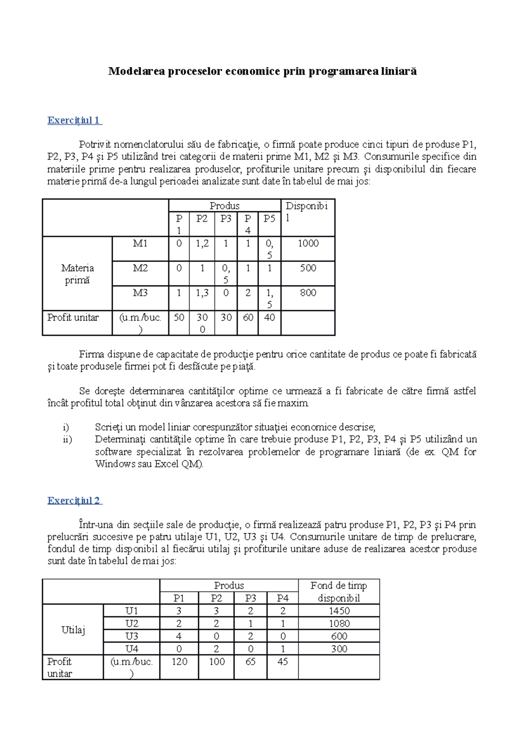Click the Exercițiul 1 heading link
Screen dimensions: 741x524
pos(74,120)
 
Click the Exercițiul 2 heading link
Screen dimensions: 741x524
pos(74,501)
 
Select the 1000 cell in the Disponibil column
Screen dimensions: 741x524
pos(308,244)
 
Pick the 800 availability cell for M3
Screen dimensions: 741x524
pos(308,293)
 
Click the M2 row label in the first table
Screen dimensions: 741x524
pos(140,268)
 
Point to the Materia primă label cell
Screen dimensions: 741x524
pos(77,274)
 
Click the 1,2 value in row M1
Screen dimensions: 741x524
pos(202,244)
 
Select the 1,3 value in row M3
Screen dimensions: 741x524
pos(202,293)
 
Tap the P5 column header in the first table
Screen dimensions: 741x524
pos(269,219)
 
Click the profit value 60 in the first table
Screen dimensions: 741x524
pos(248,318)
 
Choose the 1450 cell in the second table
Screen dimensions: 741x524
pos(339,611)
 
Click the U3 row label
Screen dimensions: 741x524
pos(131,636)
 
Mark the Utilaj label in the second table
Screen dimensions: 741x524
pos(73,630)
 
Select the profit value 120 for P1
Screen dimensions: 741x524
pos(179,662)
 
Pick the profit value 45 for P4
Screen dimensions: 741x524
pos(283,662)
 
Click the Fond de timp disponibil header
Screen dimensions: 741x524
pos(339,592)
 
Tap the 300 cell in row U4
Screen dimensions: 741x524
pos(339,649)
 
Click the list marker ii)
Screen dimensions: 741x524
pos(68,439)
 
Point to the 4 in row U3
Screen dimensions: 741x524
pos(179,636)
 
